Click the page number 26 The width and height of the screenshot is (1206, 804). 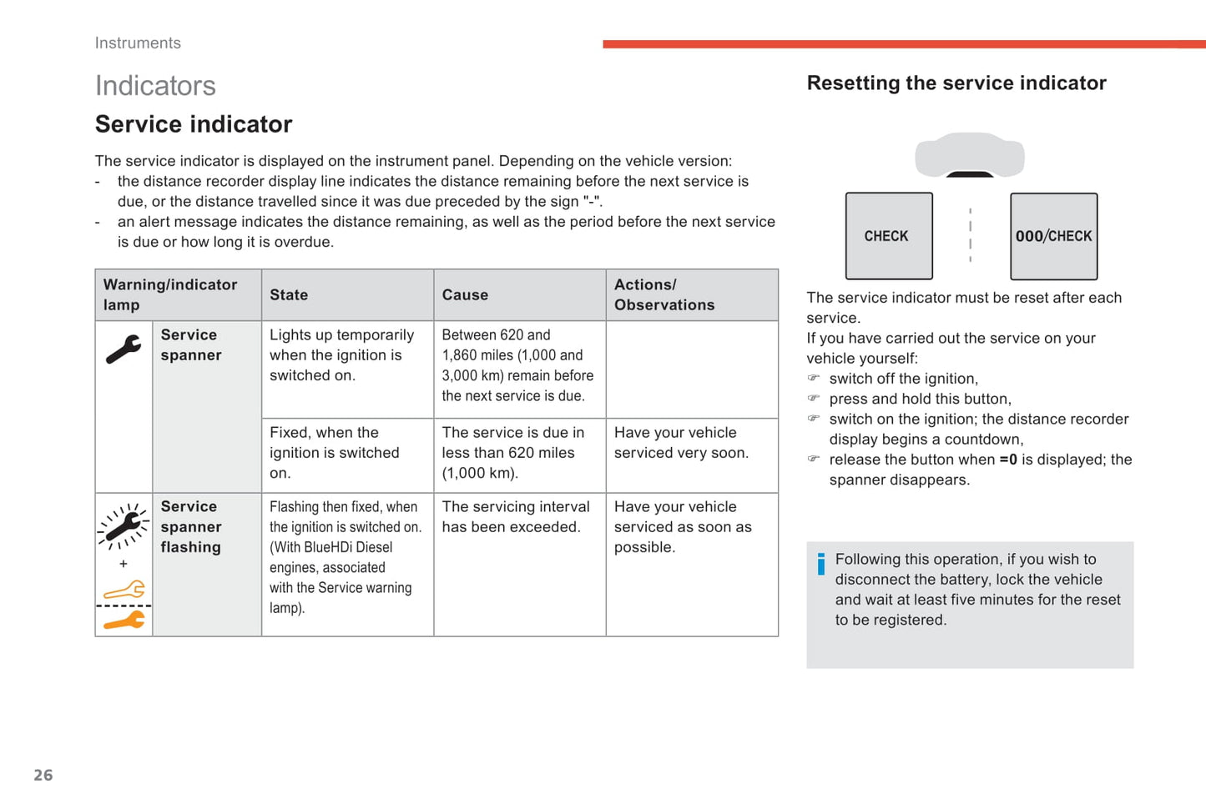[43, 775]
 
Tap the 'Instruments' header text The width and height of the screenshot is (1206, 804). [138, 43]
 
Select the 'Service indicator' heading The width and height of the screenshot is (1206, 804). [194, 124]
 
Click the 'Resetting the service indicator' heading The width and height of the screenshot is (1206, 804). [956, 83]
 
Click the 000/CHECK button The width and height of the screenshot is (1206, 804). [1053, 236]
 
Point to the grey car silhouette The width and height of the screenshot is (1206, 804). [970, 155]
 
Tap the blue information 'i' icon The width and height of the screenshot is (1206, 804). [821, 565]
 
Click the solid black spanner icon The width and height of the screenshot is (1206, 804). [124, 349]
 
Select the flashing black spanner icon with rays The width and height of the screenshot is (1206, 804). [124, 526]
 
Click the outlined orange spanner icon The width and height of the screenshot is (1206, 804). [124, 590]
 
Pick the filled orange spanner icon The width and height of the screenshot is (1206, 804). [124, 620]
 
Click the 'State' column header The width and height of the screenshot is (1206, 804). [289, 295]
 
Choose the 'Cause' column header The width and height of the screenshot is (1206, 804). [465, 295]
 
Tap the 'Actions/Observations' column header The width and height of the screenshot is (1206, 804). [664, 295]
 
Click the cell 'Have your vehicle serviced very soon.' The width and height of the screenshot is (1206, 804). [681, 443]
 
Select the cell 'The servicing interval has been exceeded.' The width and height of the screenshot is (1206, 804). [515, 517]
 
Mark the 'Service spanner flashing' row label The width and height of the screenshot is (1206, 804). [191, 527]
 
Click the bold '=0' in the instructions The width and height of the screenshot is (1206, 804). [1008, 460]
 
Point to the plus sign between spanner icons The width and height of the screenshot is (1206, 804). [124, 564]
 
